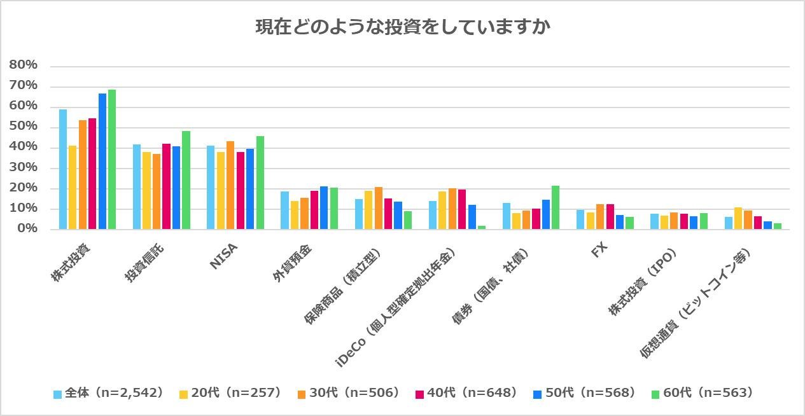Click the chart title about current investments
402,27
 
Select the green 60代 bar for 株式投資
112,159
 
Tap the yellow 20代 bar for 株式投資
73,187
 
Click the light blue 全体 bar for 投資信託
137,186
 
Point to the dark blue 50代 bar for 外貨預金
324,207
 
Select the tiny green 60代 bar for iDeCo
481,227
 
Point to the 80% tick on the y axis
24,66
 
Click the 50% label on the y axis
24,127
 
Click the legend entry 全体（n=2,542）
109,393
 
